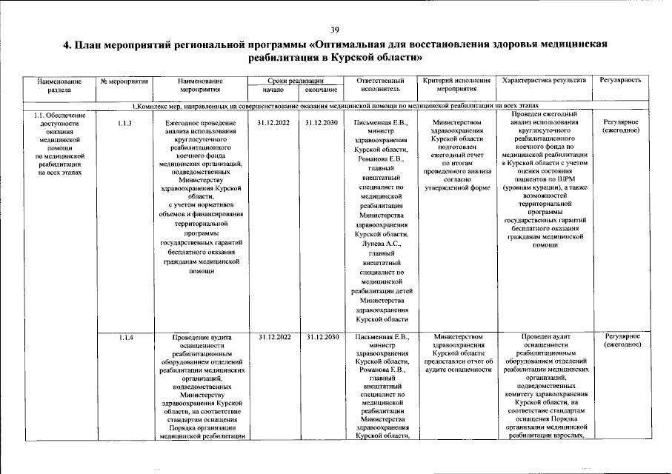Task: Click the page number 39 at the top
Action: coord(335,29)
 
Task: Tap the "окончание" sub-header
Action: coord(322,90)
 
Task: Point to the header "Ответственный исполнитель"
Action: coord(381,84)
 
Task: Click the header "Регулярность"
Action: coord(621,79)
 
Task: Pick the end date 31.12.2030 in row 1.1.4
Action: coord(322,337)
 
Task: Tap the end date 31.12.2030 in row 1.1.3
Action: coord(322,122)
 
